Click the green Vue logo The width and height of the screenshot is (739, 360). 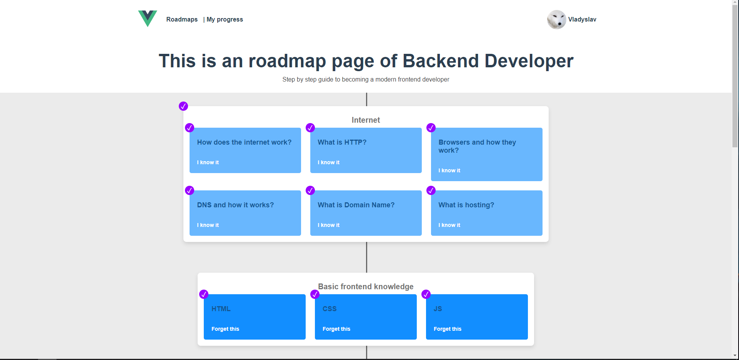pos(148,18)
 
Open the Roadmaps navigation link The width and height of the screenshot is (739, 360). pos(182,19)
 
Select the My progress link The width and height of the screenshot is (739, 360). pos(225,19)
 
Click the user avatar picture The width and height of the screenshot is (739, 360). pos(556,20)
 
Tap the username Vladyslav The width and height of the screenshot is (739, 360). pos(582,19)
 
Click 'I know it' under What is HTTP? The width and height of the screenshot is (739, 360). pos(328,162)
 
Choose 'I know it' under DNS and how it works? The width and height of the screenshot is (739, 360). pos(208,225)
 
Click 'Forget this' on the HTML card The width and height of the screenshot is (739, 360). pos(225,329)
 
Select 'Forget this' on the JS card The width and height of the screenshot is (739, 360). pos(448,329)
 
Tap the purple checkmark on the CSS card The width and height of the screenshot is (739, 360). pos(315,294)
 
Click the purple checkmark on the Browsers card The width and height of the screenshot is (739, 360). pos(431,128)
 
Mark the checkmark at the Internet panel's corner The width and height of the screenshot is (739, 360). pos(183,106)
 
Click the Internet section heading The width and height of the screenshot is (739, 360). pos(366,120)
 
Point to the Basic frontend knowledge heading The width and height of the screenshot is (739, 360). pos(366,287)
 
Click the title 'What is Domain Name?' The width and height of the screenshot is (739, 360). pos(356,205)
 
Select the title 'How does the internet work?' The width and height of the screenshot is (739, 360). pos(244,142)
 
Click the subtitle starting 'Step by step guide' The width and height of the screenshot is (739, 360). pos(366,79)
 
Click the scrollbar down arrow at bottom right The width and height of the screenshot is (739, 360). pos(735,356)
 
